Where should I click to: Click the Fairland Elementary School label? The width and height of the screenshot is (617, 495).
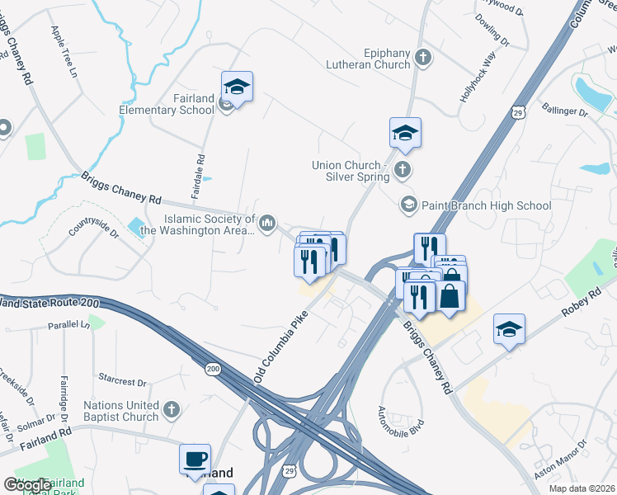tap(181, 104)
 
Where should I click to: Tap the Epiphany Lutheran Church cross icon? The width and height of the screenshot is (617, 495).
tap(423, 58)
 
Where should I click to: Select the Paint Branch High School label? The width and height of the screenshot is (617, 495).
tap(487, 205)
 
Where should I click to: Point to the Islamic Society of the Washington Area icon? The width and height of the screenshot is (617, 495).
tap(267, 224)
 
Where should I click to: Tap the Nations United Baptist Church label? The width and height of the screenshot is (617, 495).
tap(120, 411)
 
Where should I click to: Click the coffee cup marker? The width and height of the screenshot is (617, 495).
tap(195, 460)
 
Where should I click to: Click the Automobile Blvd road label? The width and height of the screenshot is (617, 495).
tap(393, 422)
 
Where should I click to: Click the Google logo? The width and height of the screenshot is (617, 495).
tap(27, 485)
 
